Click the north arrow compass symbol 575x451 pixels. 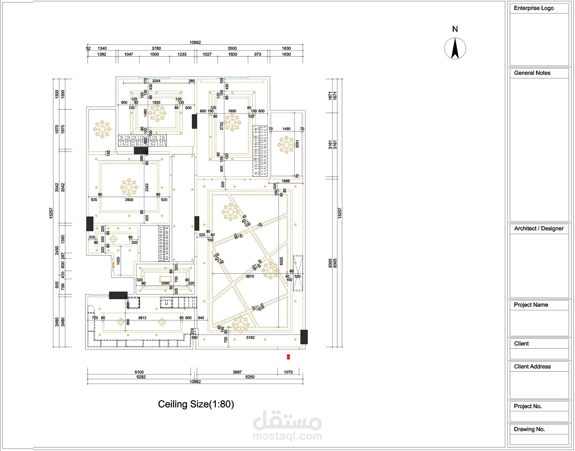tap(455, 48)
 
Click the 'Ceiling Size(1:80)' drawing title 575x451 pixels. tap(196, 404)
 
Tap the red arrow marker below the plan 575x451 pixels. tap(288, 357)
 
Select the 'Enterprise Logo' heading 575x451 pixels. tap(534, 8)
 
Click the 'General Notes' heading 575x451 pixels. tap(532, 73)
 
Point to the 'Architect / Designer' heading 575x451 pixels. tap(538, 228)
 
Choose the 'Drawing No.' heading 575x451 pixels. tap(529, 429)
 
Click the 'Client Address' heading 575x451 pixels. tap(532, 366)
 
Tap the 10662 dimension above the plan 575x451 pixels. tap(195, 42)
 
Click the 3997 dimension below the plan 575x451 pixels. tap(237, 372)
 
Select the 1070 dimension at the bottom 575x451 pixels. tap(288, 372)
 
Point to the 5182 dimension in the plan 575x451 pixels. tap(250, 337)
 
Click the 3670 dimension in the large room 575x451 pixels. tap(250, 276)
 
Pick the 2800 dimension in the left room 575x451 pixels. tap(129, 199)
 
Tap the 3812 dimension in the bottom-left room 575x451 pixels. tap(142, 318)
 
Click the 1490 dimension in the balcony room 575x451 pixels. tap(286, 129)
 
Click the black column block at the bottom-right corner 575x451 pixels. tap(304, 337)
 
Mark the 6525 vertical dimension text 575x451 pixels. tap(281, 261)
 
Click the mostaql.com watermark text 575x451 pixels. tap(287, 436)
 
